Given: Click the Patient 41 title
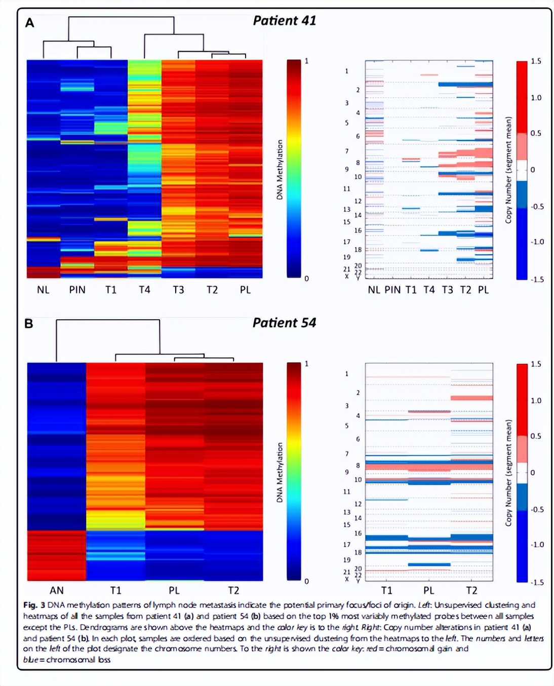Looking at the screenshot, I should [284, 21].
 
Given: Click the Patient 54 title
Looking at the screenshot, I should [284, 323].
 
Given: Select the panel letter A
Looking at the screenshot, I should [30, 23].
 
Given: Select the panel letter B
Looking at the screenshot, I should [29, 324].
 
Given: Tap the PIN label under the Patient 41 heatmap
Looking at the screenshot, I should [77, 290].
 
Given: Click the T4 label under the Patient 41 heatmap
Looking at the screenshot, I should [144, 290].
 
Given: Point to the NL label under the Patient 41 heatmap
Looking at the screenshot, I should [43, 290].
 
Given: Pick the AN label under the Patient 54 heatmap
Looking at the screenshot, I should [57, 590].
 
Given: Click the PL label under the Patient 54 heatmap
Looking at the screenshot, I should [174, 590].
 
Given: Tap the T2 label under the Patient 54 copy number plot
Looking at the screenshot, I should [471, 590].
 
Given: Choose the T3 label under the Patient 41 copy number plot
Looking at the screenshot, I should [447, 290].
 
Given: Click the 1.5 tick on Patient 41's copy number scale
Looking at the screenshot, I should [536, 61].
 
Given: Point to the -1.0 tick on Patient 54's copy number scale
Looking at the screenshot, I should [537, 545].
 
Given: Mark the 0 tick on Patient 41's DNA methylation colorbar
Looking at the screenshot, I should [306, 279].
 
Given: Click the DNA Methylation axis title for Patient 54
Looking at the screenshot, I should [280, 472].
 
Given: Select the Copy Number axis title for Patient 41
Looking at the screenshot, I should [508, 170].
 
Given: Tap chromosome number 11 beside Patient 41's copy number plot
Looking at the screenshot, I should [346, 189].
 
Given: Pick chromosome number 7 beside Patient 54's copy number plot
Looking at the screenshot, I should [347, 454].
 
